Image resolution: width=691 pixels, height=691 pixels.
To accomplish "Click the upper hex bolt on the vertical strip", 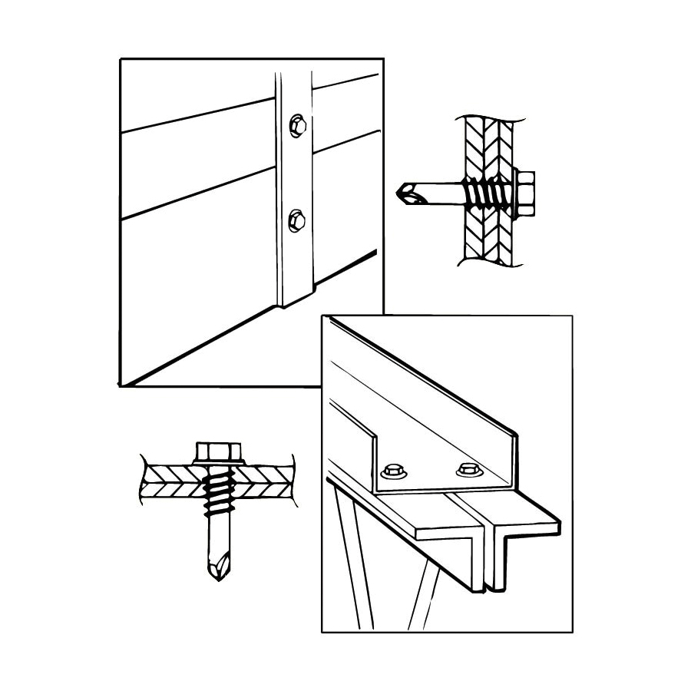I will tap(297, 125).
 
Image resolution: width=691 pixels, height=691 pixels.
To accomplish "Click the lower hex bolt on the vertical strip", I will tap(296, 222).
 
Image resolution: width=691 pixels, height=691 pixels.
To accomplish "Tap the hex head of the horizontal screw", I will tap(525, 192).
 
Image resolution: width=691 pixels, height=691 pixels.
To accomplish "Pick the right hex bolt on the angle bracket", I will tap(466, 469).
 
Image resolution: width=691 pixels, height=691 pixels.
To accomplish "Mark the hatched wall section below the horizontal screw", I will tap(484, 238).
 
